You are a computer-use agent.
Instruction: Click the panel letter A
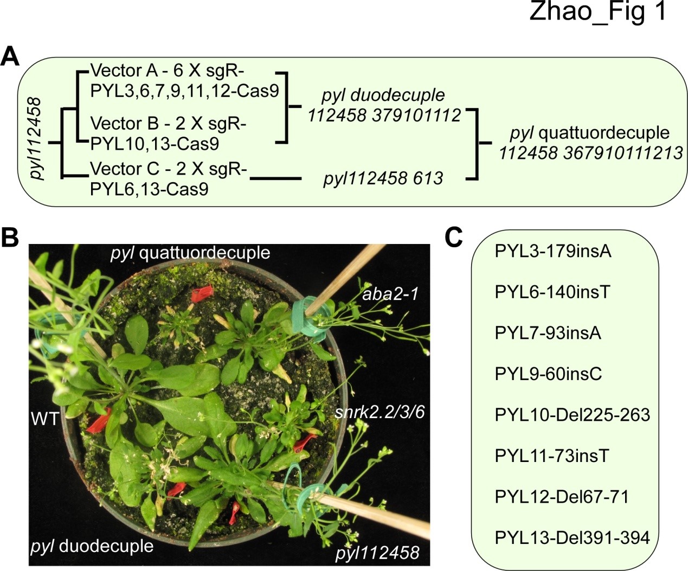click(10, 56)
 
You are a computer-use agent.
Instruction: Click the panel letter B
click(10, 236)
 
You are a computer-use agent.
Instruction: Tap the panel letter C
click(453, 236)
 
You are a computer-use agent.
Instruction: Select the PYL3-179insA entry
click(552, 251)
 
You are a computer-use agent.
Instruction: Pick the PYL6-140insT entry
click(552, 292)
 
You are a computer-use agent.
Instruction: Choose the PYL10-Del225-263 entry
click(572, 415)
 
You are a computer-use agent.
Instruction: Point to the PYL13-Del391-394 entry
click(572, 537)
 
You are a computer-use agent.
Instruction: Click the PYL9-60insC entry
click(548, 374)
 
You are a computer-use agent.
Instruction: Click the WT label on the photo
click(45, 418)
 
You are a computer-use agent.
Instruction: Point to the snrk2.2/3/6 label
click(380, 412)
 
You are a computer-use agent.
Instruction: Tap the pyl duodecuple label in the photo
click(92, 546)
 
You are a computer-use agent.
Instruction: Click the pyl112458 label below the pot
click(377, 553)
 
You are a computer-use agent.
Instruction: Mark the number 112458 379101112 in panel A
click(384, 115)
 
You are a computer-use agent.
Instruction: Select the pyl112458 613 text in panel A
click(383, 178)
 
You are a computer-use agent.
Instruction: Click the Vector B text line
click(168, 124)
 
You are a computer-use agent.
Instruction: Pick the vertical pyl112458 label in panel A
click(36, 138)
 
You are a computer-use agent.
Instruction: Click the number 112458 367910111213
click(590, 153)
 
